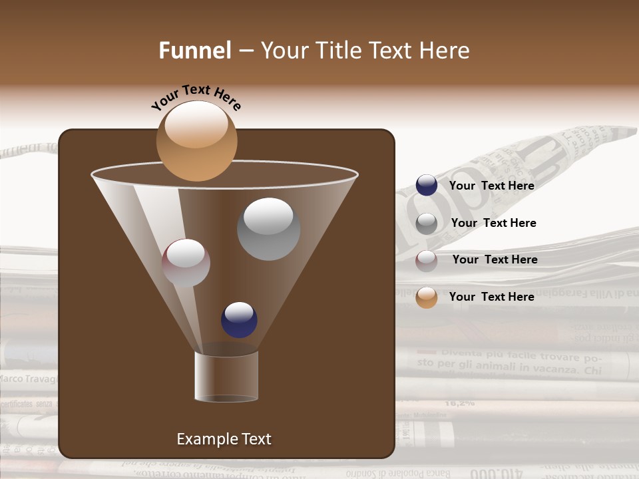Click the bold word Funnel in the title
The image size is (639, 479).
coord(194,51)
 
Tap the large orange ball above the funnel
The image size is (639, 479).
coord(196,141)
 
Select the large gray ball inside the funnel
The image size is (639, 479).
coord(268,229)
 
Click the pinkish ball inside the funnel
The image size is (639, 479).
coord(186,263)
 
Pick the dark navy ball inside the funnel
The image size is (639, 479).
coord(239,319)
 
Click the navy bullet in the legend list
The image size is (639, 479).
coord(427,186)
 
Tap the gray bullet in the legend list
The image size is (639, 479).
coord(427,223)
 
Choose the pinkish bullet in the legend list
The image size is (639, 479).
coord(427,260)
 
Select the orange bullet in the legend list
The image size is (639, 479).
coord(427,297)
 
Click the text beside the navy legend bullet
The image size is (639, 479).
coord(491,186)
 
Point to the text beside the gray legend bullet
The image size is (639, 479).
coord(493,223)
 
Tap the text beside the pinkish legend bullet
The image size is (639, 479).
coord(495,259)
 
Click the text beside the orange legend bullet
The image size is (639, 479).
coord(491,297)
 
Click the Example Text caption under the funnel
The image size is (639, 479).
coord(224,439)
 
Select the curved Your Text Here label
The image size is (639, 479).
coord(196,97)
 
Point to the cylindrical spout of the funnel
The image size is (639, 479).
coord(226,377)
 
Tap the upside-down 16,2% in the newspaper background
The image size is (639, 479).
coord(459,402)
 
